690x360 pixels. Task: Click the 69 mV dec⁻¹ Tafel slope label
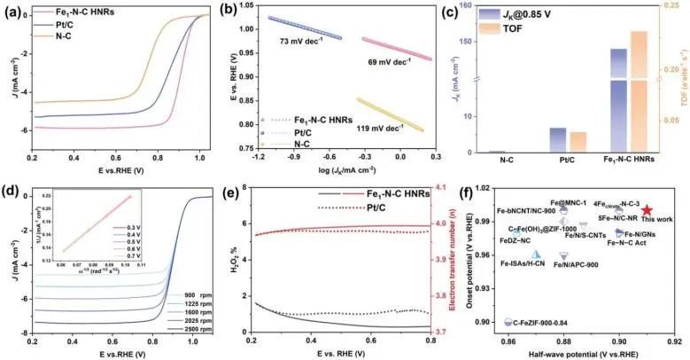point(389,63)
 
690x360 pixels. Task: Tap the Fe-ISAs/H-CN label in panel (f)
point(523,263)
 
